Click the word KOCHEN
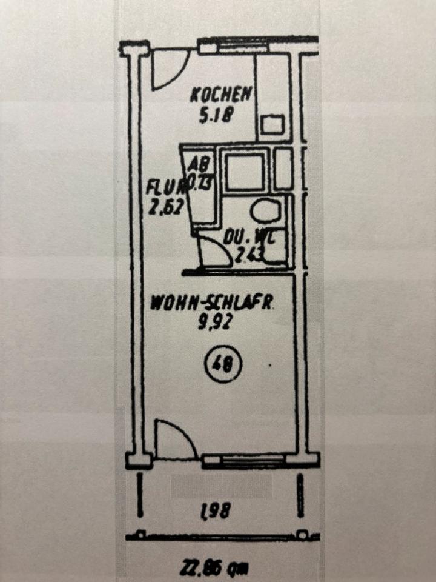click(x=220, y=95)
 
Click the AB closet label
click(x=194, y=164)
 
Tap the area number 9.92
click(x=212, y=322)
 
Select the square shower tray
click(x=245, y=171)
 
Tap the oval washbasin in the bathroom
click(x=265, y=210)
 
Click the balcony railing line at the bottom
click(x=221, y=536)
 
